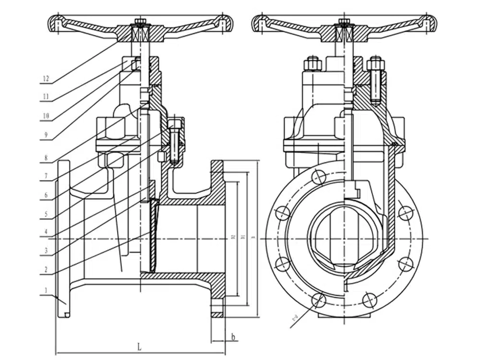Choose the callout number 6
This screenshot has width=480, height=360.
click(46, 195)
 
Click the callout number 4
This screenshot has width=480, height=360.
click(46, 232)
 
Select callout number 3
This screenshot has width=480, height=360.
click(46, 250)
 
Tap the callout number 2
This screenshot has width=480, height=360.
click(46, 270)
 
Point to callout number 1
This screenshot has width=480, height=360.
click(46, 290)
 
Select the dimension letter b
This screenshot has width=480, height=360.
click(233, 336)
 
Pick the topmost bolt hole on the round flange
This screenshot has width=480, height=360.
click(318, 177)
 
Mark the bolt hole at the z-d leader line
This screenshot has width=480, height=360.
click(317, 300)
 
